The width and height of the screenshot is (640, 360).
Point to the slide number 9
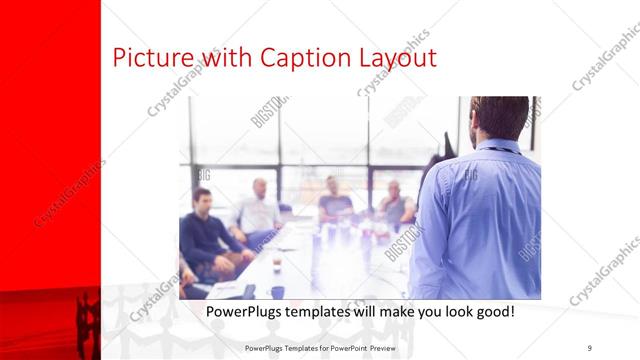(x=589, y=347)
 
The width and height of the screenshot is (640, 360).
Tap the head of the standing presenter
(x=501, y=118)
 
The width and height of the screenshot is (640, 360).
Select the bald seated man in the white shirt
(x=259, y=210)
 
